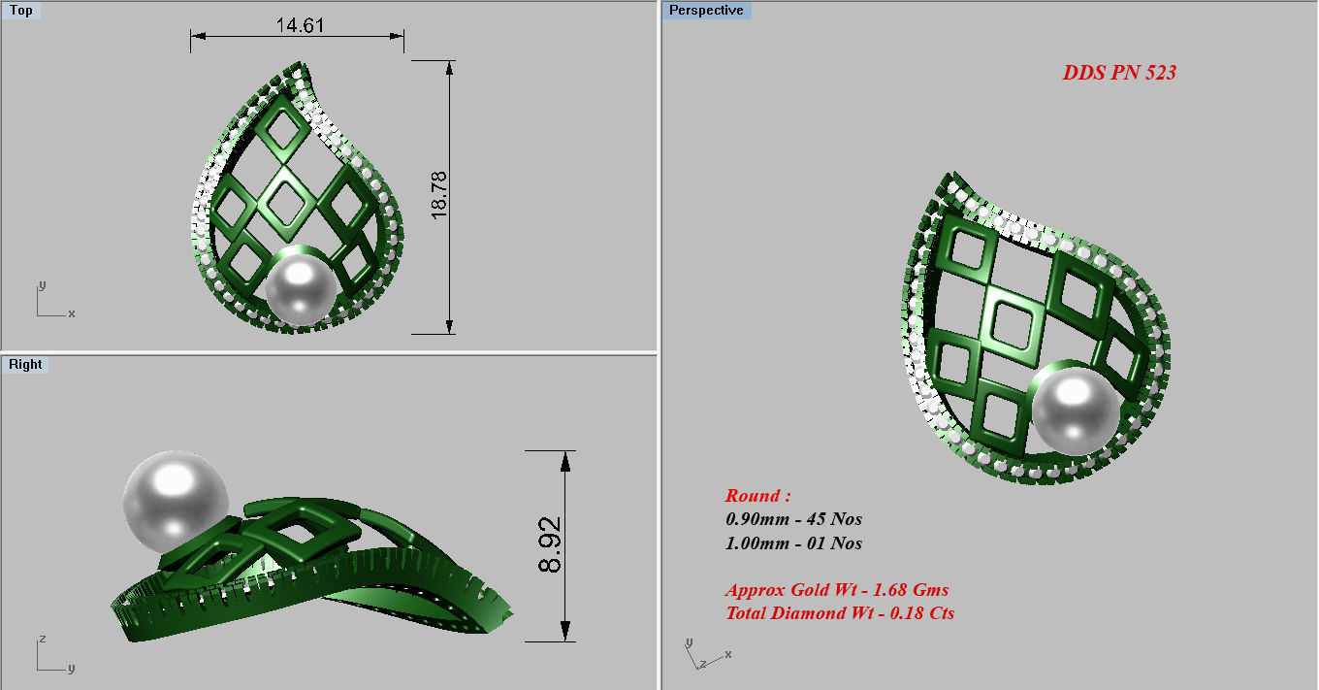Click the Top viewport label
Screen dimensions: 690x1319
pyautogui.click(x=20, y=11)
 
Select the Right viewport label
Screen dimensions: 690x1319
pyautogui.click(x=25, y=365)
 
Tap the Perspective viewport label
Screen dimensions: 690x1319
pyautogui.click(x=706, y=11)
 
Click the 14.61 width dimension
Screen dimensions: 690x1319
pyautogui.click(x=300, y=25)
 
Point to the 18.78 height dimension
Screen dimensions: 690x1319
pyautogui.click(x=439, y=196)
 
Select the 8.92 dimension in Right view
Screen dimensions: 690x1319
pyautogui.click(x=550, y=545)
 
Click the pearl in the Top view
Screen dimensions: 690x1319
pyautogui.click(x=302, y=288)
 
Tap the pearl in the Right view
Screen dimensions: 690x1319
pyautogui.click(x=176, y=501)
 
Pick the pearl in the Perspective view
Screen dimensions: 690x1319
pyautogui.click(x=1075, y=408)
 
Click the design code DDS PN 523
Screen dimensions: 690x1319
pyautogui.click(x=1119, y=73)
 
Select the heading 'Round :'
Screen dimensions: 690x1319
pyautogui.click(x=758, y=496)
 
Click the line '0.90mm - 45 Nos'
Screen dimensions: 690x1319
pyautogui.click(x=793, y=519)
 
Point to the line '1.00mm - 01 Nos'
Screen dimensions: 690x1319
pyautogui.click(x=793, y=543)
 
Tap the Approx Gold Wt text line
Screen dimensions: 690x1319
pyautogui.click(x=837, y=590)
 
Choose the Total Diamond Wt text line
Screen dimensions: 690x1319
pyautogui.click(x=840, y=613)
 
